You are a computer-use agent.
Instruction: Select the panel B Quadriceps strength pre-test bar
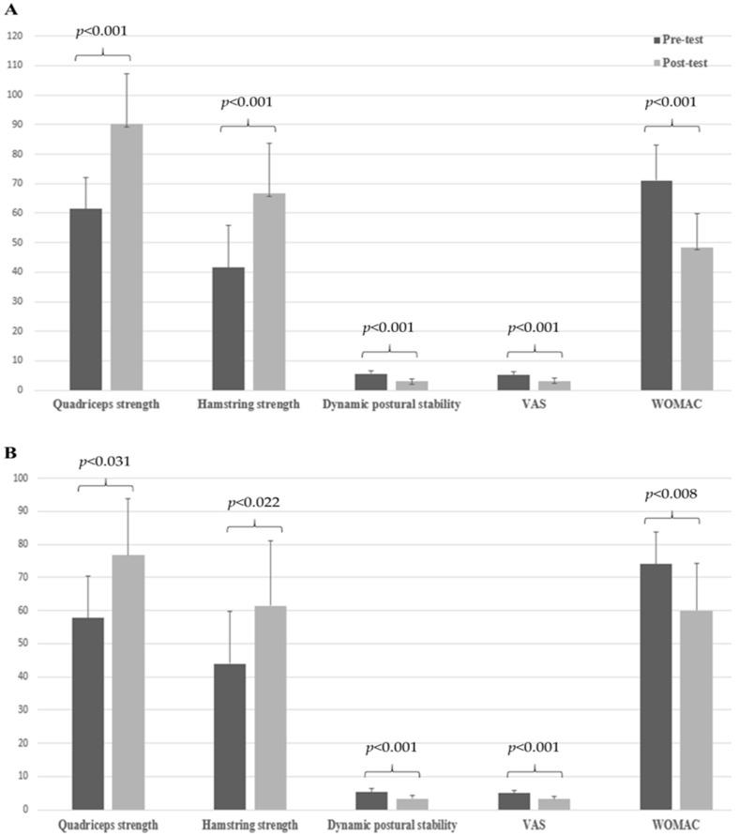87,713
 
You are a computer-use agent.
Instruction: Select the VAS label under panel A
534,404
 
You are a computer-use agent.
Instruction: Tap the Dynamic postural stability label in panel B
392,826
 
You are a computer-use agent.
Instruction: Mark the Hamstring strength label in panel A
249,404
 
